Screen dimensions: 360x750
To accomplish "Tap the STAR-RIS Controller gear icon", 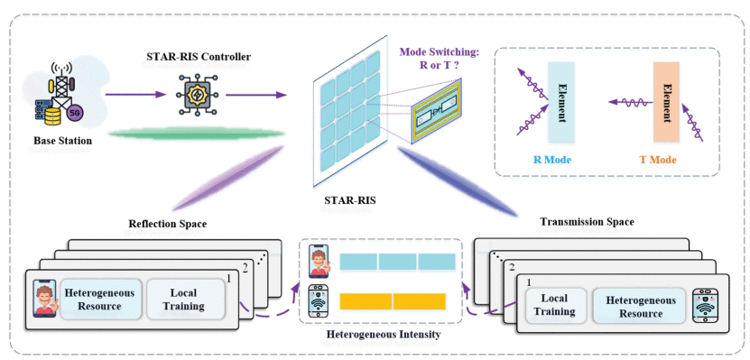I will tap(198, 93).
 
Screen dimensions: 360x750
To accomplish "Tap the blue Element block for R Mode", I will tap(560, 104).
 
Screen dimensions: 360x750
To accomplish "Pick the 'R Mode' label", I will tap(560, 160).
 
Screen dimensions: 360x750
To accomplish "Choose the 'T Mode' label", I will tap(664, 160).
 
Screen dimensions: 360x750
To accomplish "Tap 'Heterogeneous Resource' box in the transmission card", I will tap(633, 307).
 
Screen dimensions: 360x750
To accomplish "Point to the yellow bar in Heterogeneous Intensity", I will tap(393, 300).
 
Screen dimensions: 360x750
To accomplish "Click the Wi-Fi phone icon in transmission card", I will tap(704, 307).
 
